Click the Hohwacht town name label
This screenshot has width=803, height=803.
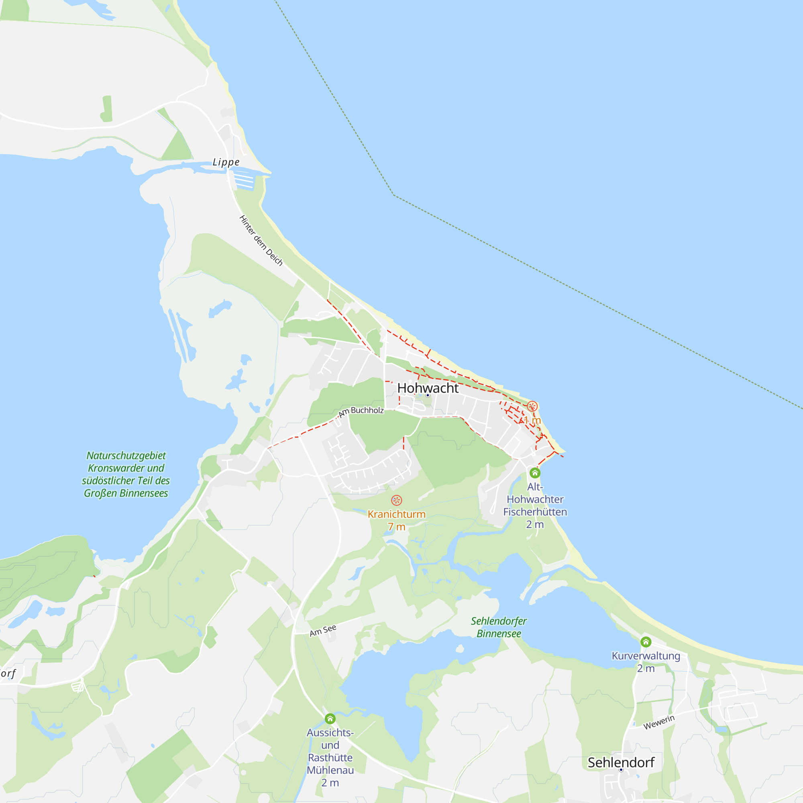(428, 388)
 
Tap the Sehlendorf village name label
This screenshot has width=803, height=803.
(621, 762)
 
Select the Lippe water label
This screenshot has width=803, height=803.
(226, 162)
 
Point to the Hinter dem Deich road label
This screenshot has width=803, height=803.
(261, 240)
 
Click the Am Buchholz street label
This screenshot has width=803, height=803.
(361, 411)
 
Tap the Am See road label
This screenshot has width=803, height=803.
(323, 630)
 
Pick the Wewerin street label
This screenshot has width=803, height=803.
(659, 722)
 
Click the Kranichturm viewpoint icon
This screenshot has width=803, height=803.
(397, 500)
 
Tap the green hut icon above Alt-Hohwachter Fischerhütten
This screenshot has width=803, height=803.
(535, 473)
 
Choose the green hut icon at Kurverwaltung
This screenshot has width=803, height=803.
(646, 642)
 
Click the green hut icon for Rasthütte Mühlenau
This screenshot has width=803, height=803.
(330, 719)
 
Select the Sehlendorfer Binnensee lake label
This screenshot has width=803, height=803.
(498, 627)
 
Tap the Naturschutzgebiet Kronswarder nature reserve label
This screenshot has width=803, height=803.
(126, 474)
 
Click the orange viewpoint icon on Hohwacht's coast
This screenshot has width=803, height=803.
(532, 406)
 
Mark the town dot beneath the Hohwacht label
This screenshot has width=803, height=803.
(428, 395)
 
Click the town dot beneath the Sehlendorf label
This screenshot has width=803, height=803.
(621, 770)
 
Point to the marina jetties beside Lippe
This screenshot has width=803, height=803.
(245, 180)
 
